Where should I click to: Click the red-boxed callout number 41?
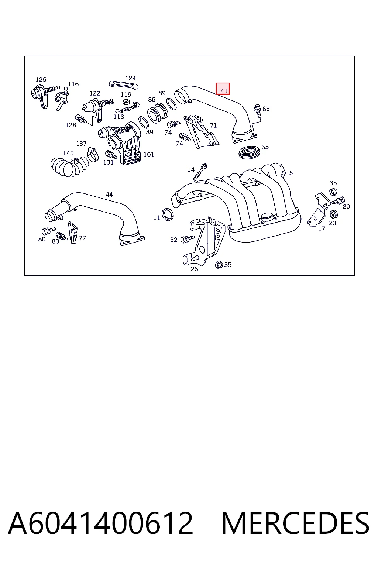click(224, 90)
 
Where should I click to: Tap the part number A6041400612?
click(100, 523)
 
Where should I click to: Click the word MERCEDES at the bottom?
click(295, 523)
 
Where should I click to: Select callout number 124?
click(130, 78)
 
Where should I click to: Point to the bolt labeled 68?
click(257, 111)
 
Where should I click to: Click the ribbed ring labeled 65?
click(250, 152)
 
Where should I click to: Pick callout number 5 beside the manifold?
click(291, 173)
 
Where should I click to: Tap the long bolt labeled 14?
click(200, 172)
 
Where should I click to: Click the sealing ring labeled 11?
click(168, 214)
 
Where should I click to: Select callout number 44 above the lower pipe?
click(109, 195)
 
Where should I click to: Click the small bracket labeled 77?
click(73, 233)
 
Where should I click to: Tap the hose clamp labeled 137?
click(93, 155)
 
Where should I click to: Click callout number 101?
click(149, 154)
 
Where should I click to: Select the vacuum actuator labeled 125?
click(41, 94)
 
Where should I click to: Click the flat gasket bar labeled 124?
click(124, 85)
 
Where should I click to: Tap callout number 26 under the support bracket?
click(194, 269)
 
